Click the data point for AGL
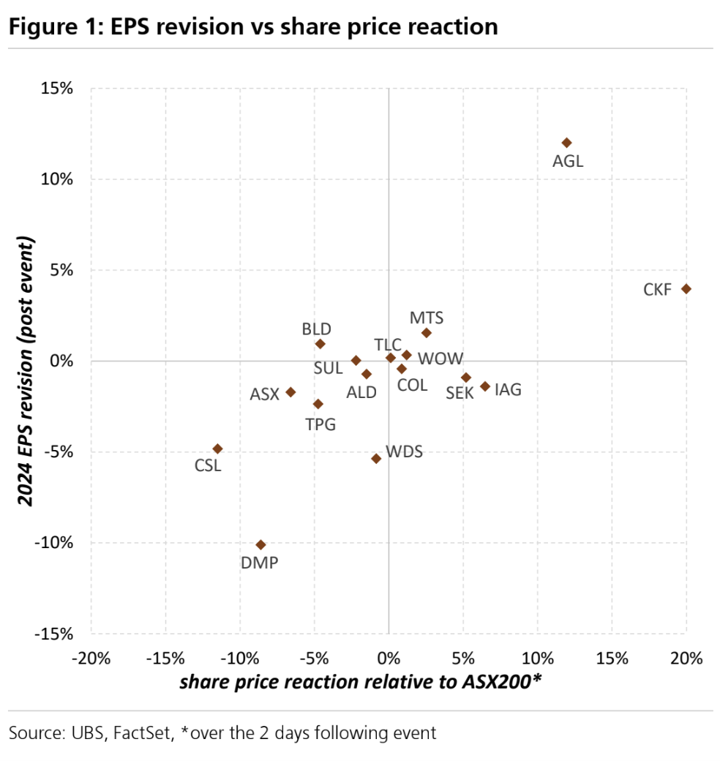[x=566, y=143]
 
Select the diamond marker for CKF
[x=686, y=289]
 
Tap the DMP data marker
[x=260, y=544]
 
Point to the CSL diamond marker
[x=217, y=449]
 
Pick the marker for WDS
[x=376, y=459]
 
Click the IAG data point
[x=484, y=386]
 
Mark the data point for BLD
[x=320, y=344]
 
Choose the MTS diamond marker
[x=427, y=333]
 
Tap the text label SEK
[x=460, y=393]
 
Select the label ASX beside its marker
[x=265, y=394]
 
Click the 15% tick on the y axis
[x=57, y=89]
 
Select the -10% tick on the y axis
[x=55, y=543]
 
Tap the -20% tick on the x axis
[x=91, y=658]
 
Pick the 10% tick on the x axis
[x=537, y=658]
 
